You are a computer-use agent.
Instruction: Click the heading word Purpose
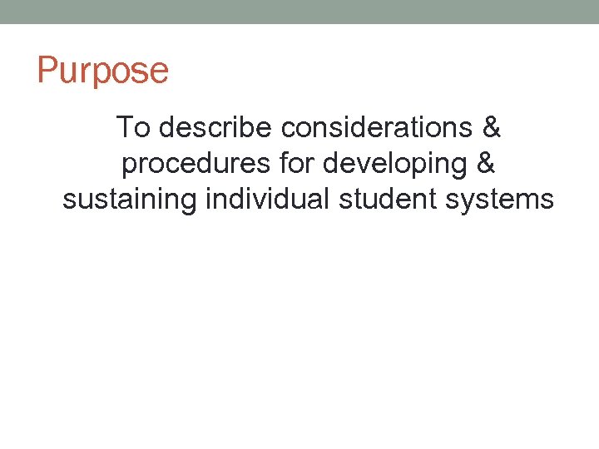[102, 71]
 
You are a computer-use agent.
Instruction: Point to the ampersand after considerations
[492, 128]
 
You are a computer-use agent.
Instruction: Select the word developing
[394, 165]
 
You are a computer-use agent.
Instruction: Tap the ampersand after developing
[486, 164]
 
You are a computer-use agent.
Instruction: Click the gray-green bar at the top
[299, 12]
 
